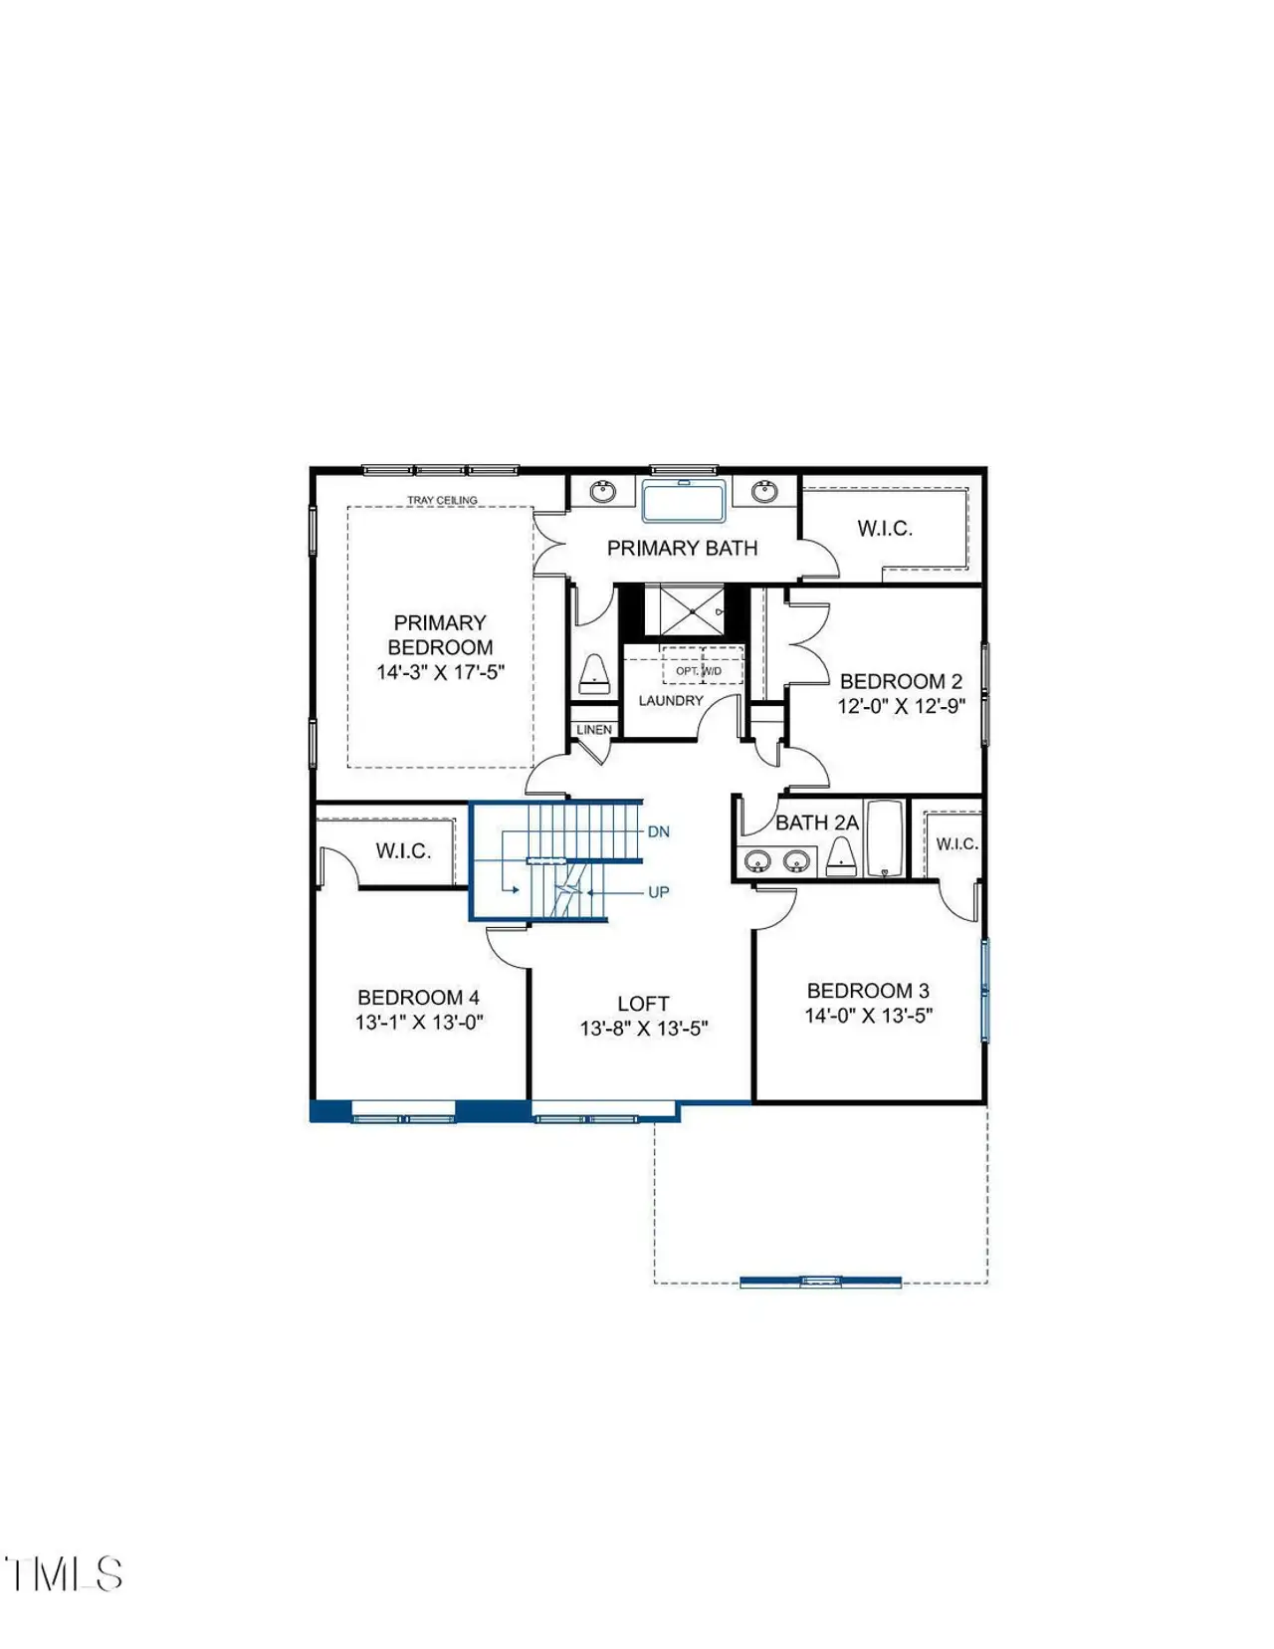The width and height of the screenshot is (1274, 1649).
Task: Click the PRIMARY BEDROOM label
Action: click(x=440, y=635)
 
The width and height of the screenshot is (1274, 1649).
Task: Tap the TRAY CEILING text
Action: click(x=442, y=500)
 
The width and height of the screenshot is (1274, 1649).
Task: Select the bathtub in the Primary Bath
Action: click(x=683, y=501)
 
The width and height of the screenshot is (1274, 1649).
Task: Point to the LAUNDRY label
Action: click(x=671, y=701)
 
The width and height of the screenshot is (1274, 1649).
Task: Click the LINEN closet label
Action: click(x=594, y=730)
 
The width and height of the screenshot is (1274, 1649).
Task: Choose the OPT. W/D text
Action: click(x=699, y=671)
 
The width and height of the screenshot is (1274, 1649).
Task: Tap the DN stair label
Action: click(x=659, y=831)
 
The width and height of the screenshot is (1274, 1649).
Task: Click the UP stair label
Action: click(x=659, y=892)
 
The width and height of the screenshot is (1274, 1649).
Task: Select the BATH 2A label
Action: click(x=816, y=823)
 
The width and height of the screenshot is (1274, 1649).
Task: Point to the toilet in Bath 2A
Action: click(x=842, y=856)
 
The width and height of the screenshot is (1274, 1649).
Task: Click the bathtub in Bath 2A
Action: click(x=885, y=838)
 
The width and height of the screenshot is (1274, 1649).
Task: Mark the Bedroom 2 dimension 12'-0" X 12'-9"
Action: click(x=901, y=707)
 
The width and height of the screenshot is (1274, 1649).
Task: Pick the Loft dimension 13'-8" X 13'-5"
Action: click(x=644, y=1029)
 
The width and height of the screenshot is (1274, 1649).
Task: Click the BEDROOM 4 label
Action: click(x=418, y=997)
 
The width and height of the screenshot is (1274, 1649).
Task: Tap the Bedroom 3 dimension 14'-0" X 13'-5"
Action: click(x=868, y=1016)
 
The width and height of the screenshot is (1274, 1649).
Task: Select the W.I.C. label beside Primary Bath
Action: click(x=885, y=529)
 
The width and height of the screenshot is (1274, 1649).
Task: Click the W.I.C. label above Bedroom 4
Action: click(x=403, y=851)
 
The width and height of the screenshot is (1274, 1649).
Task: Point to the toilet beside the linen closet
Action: click(x=594, y=674)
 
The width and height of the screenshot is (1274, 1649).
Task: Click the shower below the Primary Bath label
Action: click(x=690, y=609)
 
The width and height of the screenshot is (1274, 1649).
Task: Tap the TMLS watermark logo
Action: click(x=64, y=1574)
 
